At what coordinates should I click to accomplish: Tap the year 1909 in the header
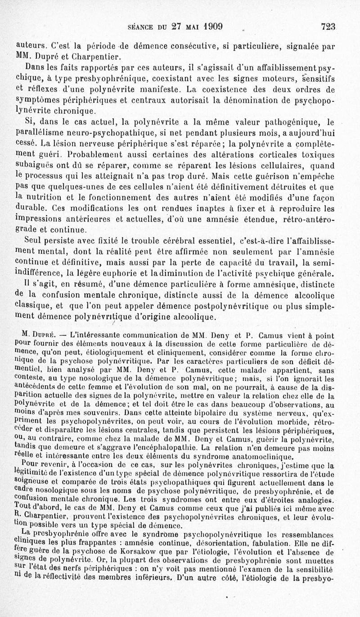(x=210, y=26)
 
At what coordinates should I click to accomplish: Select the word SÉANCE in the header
(x=142, y=27)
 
